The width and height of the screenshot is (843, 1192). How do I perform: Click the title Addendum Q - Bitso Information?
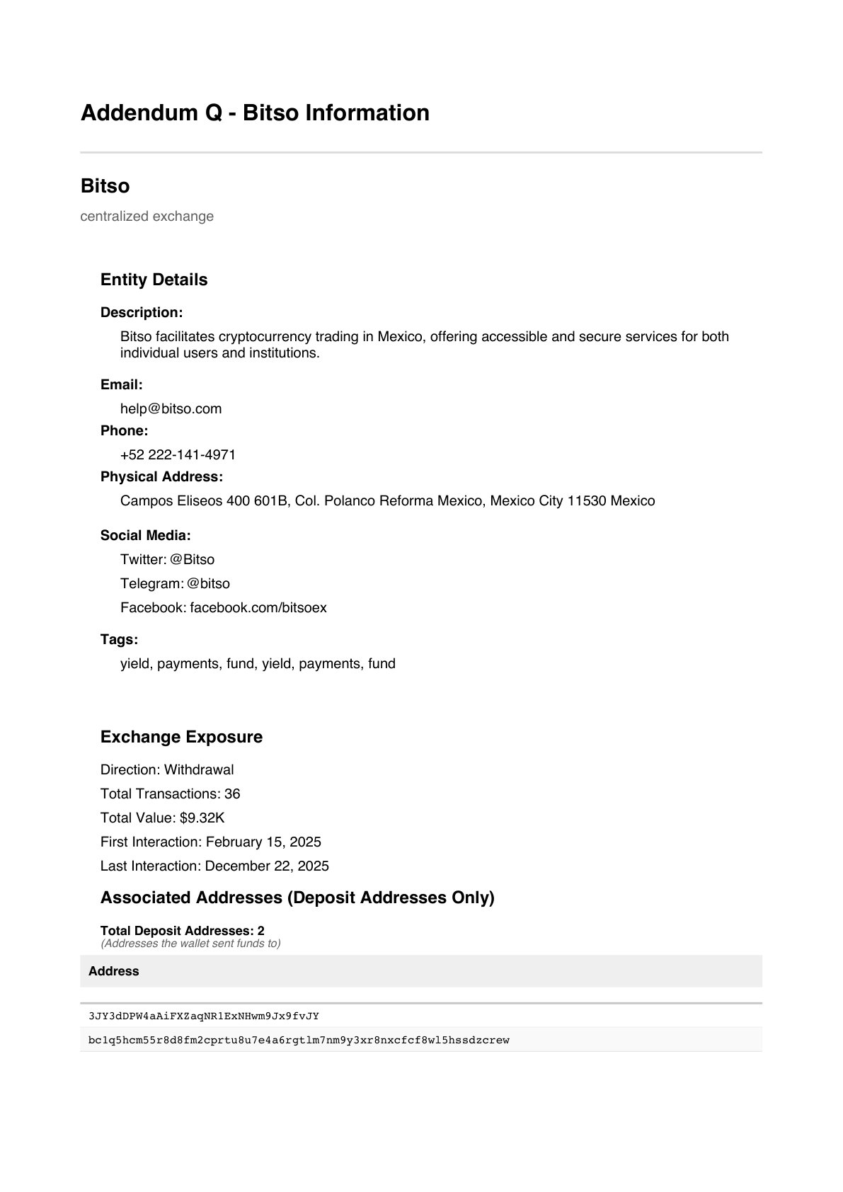click(255, 113)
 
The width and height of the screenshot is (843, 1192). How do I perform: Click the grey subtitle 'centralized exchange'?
click(147, 217)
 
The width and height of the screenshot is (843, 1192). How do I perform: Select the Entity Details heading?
click(154, 280)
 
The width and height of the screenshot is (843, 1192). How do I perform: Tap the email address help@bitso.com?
click(171, 409)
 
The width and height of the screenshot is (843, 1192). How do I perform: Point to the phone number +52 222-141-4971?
click(178, 455)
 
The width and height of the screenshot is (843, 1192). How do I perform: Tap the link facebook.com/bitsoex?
click(258, 608)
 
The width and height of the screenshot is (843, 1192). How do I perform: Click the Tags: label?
click(119, 640)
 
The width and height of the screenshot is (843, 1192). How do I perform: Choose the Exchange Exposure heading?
click(181, 737)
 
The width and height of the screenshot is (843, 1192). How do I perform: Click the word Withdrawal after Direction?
click(199, 770)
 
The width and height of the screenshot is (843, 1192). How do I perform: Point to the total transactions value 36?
click(232, 794)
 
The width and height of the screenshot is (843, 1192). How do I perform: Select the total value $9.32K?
click(202, 818)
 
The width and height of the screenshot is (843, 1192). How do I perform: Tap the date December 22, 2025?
click(267, 866)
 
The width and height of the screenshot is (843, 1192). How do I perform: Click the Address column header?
click(113, 971)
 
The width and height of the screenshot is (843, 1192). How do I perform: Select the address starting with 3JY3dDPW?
click(204, 1016)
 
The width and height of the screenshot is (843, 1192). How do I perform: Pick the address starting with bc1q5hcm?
click(299, 1041)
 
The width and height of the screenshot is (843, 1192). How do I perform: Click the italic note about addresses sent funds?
click(190, 944)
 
